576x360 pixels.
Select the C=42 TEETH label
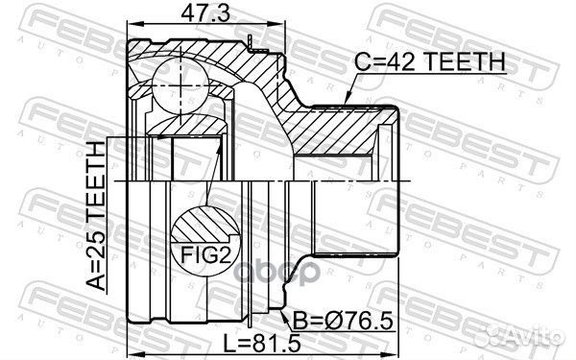(x=433, y=62)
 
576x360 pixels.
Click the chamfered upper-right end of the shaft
(x=391, y=112)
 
